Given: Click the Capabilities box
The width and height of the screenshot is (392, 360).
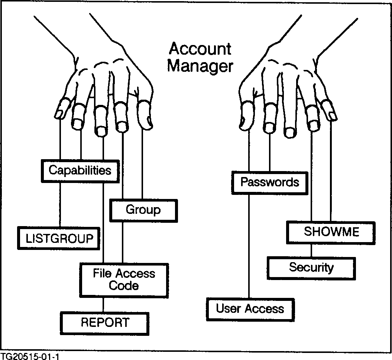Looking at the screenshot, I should [80, 171].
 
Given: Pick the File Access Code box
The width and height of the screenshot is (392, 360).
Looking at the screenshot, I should [124, 280].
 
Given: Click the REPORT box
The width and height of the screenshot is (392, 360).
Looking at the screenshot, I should [105, 322].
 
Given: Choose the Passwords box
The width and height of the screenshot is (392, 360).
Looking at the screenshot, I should [270, 182].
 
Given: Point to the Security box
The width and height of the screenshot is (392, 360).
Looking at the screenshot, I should [311, 267].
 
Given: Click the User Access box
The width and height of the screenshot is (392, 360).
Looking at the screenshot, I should [250, 309].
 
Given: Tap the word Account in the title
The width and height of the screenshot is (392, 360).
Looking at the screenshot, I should [200, 49].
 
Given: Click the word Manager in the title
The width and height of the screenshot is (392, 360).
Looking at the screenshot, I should [200, 66].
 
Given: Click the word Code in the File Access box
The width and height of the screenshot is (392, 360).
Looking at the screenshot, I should [124, 286].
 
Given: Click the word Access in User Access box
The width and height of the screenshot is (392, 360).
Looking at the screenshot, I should [262, 309].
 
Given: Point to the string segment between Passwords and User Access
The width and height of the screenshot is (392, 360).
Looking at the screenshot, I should [248, 245].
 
